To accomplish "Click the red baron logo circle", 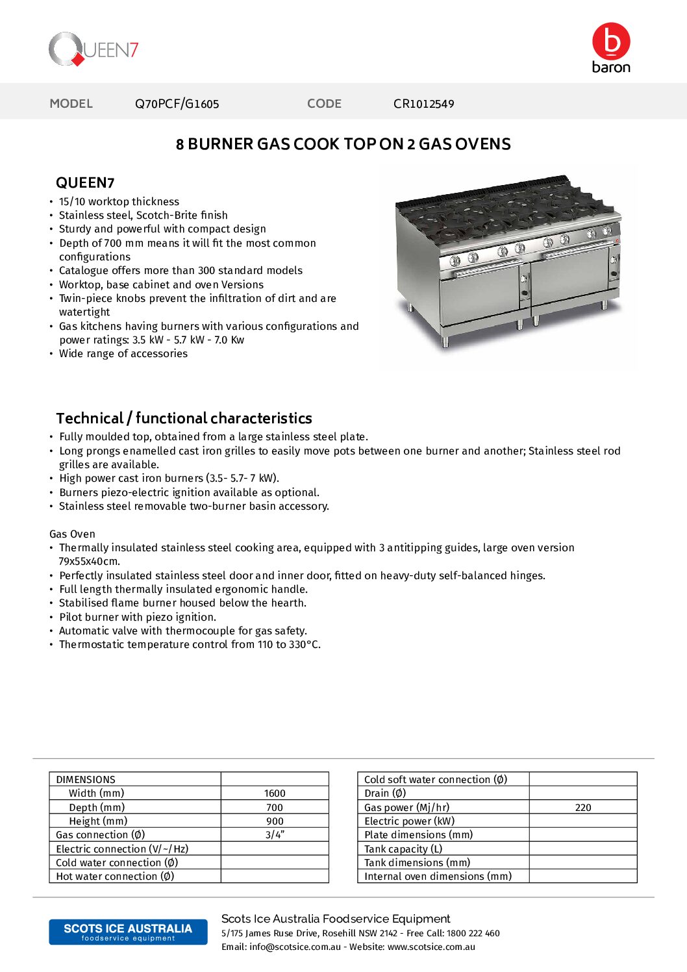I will [610, 41].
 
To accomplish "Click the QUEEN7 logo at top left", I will [94, 49].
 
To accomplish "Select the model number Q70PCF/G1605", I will [177, 104].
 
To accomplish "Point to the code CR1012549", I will [423, 104].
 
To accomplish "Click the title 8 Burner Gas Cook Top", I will [343, 144].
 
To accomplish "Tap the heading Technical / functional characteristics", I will [184, 418].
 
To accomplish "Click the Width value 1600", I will [275, 793].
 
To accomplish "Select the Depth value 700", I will [275, 808].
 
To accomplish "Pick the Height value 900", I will [275, 821].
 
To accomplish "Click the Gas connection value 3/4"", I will [275, 835].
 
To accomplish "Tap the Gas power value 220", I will [583, 808].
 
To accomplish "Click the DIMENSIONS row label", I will [86, 780].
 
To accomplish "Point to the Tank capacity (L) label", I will [403, 849].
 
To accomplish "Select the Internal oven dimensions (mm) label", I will [438, 877].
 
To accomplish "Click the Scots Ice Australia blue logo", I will [128, 932].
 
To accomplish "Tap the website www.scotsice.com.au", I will [431, 947].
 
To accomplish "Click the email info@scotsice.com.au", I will [295, 947].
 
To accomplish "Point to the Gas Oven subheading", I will [72, 534].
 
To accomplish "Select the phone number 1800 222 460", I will [473, 933].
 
